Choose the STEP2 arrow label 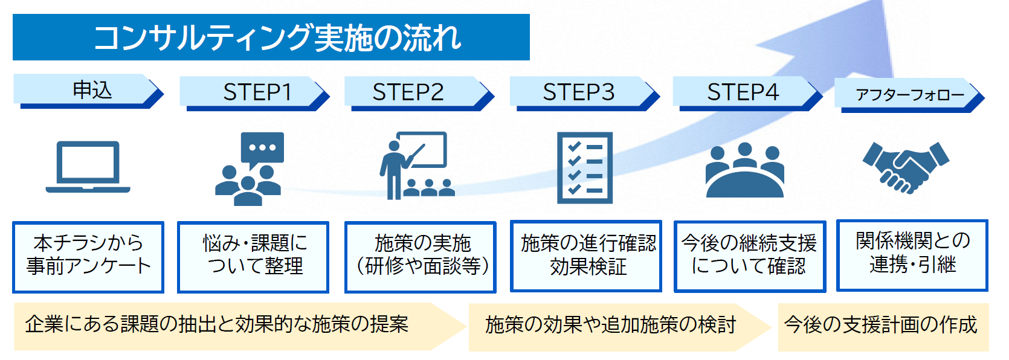pos(408,92)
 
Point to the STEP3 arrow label pos(578,92)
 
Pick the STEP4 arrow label pos(743,92)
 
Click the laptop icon pos(88,167)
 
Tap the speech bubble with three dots pos(262,149)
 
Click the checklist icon pos(584,168)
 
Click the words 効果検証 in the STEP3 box pos(588,267)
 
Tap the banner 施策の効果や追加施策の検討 pos(610,326)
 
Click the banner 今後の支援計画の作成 pos(880,326)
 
